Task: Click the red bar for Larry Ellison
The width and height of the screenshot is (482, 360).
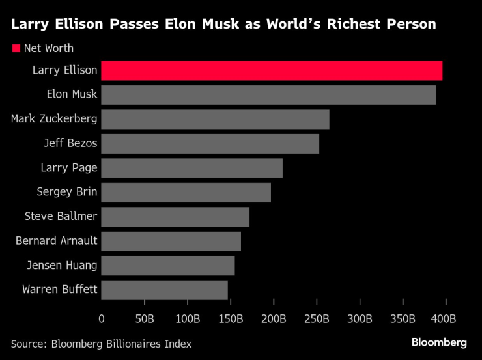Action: point(272,70)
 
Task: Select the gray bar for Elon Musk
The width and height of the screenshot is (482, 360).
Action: point(268,94)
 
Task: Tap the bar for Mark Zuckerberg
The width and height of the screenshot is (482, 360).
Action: point(215,119)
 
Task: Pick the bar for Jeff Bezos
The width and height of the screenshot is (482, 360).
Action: point(210,143)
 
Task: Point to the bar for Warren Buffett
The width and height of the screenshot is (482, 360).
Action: point(164,290)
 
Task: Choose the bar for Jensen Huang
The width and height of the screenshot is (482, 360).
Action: point(167,266)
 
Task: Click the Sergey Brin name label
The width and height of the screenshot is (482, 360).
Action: point(68,192)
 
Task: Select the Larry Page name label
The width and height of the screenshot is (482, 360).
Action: point(69,168)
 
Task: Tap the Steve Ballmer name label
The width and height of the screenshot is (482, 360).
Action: point(61,217)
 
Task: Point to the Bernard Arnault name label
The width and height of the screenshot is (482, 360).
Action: point(56,241)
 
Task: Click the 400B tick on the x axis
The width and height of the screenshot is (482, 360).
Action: point(446,318)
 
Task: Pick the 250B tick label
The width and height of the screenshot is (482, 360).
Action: point(317,318)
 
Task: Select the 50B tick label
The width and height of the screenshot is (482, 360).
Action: point(144,318)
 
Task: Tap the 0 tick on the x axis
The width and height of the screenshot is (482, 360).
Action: point(102,318)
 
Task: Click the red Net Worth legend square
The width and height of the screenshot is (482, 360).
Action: point(16,48)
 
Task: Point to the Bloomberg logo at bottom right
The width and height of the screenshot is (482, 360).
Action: point(439,342)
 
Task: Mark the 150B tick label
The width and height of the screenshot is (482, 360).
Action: point(230,318)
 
